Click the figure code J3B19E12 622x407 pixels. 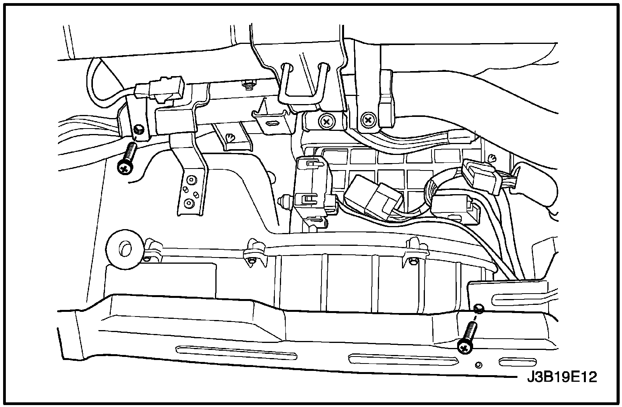(562, 377)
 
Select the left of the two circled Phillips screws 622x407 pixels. (326, 122)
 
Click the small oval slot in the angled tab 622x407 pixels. (272, 123)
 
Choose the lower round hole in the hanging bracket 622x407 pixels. (189, 203)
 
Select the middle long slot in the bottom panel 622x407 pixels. (402, 359)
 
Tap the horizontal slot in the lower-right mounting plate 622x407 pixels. (515, 299)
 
